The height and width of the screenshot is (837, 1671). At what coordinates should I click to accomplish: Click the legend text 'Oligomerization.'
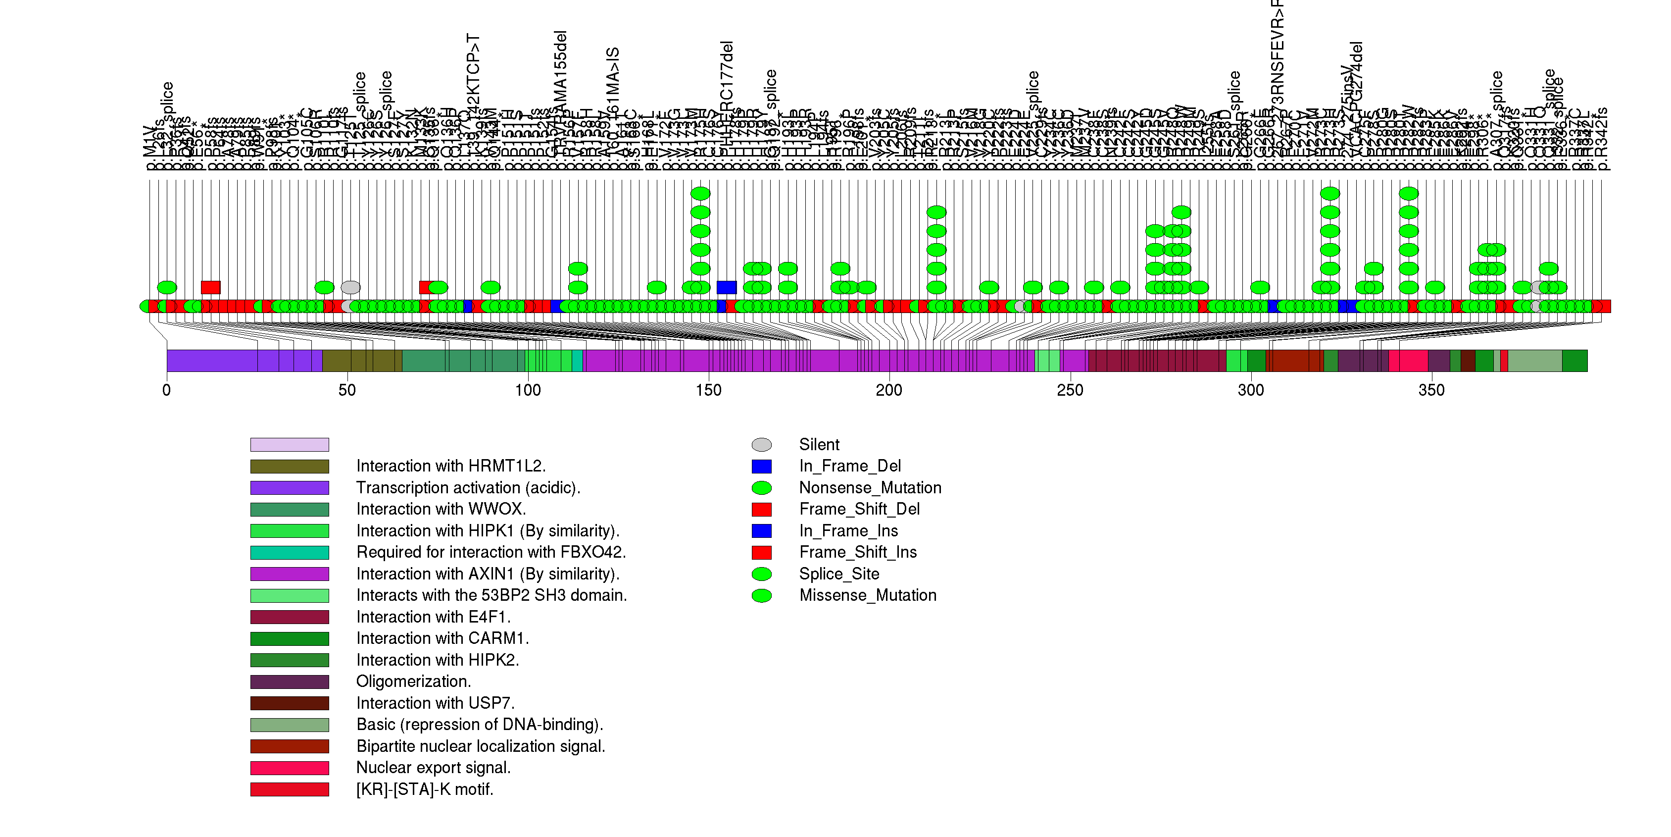coord(413,681)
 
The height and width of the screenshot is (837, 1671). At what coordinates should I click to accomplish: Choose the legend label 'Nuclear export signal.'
coord(433,768)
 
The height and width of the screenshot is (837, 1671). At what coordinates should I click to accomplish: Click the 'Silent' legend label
coord(819,444)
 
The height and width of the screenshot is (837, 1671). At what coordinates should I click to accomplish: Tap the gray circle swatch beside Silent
coord(762,444)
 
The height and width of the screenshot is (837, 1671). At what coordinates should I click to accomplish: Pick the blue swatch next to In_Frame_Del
coord(762,466)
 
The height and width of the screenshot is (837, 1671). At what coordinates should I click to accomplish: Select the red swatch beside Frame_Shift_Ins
coord(762,552)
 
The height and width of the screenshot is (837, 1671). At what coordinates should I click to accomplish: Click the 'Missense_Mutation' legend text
coord(867,595)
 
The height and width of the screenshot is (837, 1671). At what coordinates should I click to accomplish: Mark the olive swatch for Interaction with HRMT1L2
coord(290,467)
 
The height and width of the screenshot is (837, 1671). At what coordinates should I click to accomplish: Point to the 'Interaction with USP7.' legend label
coord(435,703)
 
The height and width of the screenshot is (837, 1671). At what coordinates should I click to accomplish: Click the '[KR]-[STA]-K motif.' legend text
coord(424,789)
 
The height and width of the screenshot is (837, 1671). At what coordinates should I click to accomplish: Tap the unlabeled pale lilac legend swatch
coord(290,444)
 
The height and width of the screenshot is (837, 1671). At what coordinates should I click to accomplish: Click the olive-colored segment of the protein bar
coord(362,361)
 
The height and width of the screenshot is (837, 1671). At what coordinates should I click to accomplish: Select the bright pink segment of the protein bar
coord(1408,361)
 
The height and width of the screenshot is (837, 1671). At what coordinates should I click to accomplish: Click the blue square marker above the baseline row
coord(727,287)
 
